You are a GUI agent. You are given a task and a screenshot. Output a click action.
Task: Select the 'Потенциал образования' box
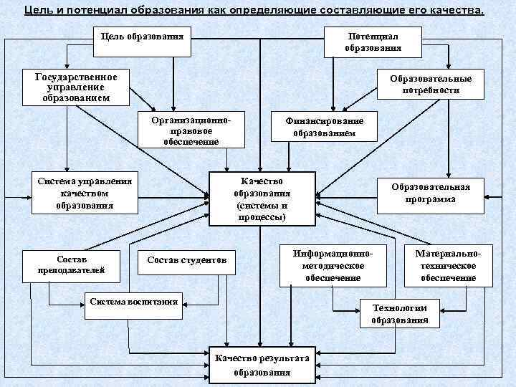pos(373,42)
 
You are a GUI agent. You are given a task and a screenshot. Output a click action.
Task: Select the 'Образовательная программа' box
pos(430,193)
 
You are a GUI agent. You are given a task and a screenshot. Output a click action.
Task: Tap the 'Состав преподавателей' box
pos(72,264)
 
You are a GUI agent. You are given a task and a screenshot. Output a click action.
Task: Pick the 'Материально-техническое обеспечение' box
pos(449,265)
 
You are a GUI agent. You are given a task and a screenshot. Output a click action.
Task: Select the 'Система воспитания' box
pos(133,302)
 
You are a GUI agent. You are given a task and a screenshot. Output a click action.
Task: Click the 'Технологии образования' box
pos(399,314)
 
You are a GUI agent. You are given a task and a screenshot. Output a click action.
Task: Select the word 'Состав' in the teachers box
pos(72,258)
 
